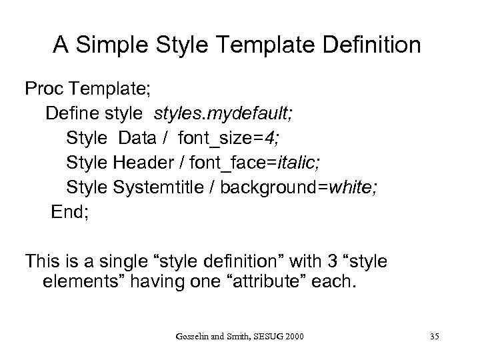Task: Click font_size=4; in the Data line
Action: point(211,138)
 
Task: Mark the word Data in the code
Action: point(136,138)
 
